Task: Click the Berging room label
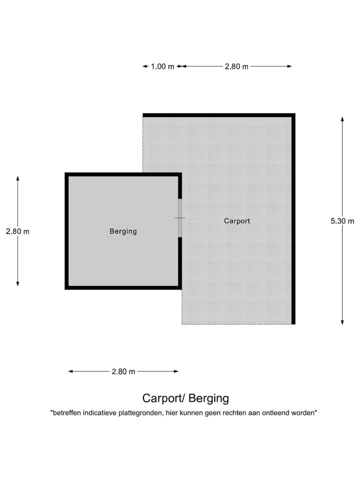(123, 231)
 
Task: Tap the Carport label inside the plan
(237, 220)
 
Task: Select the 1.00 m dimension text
(162, 66)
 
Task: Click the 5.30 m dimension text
(342, 221)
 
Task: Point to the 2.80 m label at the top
(236, 66)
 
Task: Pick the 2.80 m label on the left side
(17, 231)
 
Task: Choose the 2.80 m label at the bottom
(123, 371)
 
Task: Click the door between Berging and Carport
(180, 218)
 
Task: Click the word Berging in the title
(209, 398)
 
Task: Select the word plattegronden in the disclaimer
(141, 413)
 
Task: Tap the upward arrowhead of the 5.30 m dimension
(342, 119)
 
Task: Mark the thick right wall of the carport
(293, 220)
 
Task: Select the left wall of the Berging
(66, 231)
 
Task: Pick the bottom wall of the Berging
(123, 287)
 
